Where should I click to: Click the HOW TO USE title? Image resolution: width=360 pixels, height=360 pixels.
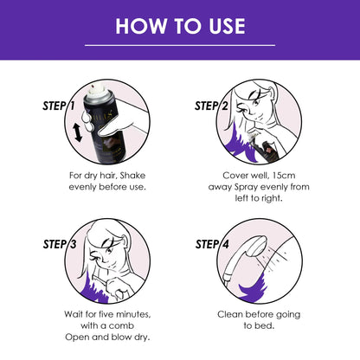180,26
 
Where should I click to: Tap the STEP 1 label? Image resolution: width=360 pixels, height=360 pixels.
60,106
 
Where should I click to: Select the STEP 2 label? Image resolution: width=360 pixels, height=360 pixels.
214,106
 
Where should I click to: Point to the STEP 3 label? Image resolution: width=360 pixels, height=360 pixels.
60,244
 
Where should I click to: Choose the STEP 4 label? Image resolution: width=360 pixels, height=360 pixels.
214,244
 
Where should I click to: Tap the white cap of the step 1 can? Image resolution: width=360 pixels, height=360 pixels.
102,90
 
